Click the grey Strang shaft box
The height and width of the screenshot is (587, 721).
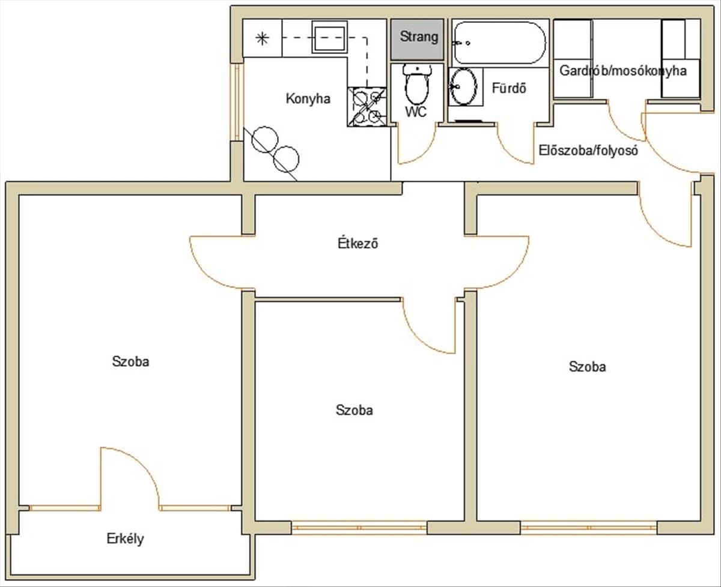click(417, 40)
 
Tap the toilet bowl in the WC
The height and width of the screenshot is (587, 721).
click(417, 85)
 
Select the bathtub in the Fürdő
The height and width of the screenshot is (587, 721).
click(499, 43)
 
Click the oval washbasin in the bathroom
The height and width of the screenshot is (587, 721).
click(464, 86)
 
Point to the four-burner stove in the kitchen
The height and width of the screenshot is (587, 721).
click(367, 107)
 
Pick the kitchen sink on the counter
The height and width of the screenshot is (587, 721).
click(330, 37)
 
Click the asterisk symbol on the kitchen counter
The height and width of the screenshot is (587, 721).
click(262, 38)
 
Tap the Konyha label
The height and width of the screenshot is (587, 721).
click(308, 99)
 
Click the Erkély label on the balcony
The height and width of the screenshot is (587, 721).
click(125, 538)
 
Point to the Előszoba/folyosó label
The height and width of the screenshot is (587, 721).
click(588, 150)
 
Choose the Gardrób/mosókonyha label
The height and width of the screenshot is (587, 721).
click(623, 71)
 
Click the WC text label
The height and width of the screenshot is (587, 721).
click(416, 112)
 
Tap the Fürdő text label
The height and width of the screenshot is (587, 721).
click(509, 88)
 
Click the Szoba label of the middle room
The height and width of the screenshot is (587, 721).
click(354, 410)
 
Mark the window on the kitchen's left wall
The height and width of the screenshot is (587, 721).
click(237, 102)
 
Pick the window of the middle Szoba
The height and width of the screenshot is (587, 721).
click(359, 527)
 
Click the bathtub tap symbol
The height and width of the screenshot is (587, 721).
click(461, 43)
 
